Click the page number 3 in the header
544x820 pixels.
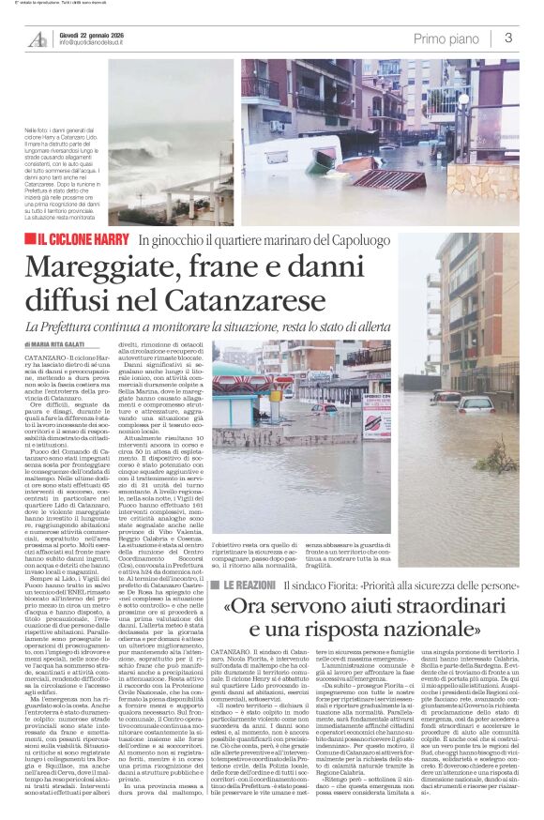[508, 38]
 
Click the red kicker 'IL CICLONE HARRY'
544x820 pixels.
[89, 241]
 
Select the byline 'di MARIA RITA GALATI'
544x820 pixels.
[56, 345]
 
